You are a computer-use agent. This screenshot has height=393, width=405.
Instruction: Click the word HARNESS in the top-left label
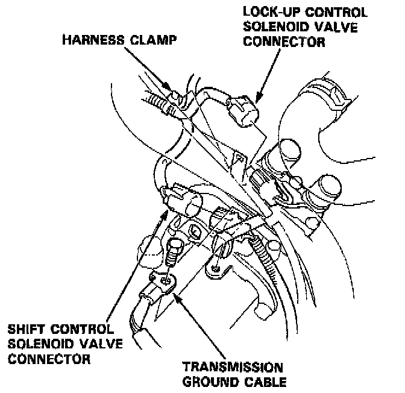pyautogui.click(x=92, y=41)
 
